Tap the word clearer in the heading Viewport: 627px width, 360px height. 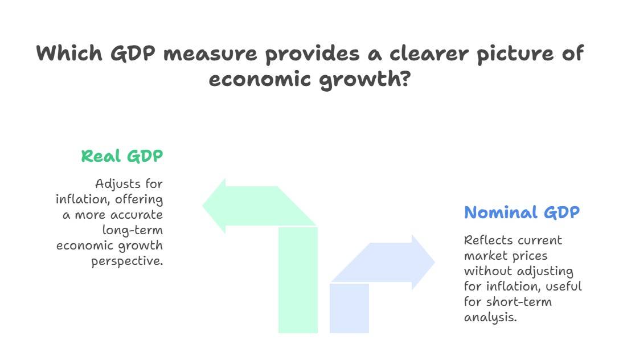(423, 54)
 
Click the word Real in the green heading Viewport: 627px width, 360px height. (101, 156)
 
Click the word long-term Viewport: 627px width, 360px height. (133, 230)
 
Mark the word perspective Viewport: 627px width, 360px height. (127, 261)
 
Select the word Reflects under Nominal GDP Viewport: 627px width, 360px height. (487, 240)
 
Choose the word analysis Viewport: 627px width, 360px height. (490, 317)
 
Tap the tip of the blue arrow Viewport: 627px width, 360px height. (433, 262)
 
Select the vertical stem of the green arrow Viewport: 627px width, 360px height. (298, 279)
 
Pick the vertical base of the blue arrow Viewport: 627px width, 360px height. (349, 308)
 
